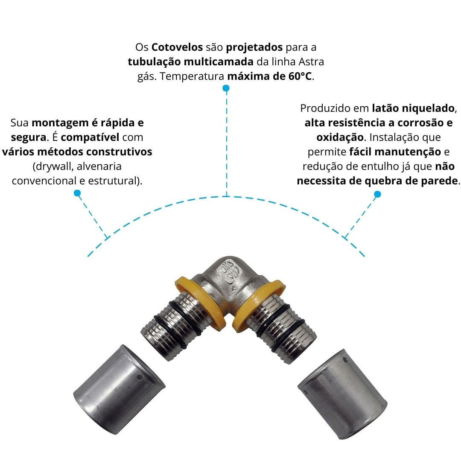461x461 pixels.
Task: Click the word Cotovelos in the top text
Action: coord(177,47)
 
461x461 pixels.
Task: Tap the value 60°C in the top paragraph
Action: coord(300,76)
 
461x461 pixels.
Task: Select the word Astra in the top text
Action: coord(311,62)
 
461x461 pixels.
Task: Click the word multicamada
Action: coord(219,62)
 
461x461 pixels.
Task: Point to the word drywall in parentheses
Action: coord(54,167)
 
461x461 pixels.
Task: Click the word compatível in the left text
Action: coord(90,137)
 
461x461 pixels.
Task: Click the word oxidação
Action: coord(340,137)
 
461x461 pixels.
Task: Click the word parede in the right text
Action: coord(440,181)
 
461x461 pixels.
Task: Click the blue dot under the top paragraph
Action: coord(226,88)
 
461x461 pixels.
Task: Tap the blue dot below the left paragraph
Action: coord(77,193)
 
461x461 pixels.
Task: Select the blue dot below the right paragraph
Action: coord(377,194)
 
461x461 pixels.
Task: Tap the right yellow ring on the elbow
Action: coord(256,303)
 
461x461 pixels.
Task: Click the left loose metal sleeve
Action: coord(119,390)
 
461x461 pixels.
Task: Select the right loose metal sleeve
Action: coord(342,394)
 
